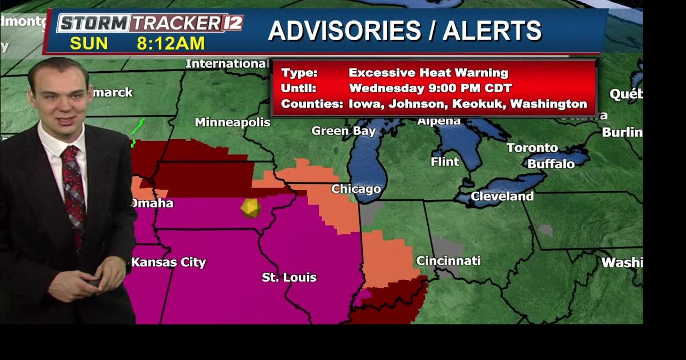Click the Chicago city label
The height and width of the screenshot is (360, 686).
(356, 189)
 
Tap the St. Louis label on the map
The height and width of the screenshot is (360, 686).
(289, 277)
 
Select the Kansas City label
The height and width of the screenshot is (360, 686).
(168, 262)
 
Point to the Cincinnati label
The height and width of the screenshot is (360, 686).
(448, 261)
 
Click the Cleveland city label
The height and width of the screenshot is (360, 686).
(502, 197)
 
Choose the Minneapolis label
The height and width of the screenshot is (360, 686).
(232, 122)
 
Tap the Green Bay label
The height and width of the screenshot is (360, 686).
(344, 131)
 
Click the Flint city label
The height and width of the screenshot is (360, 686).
(445, 161)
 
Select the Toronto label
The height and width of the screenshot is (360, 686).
(532, 148)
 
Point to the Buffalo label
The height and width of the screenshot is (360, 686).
(550, 164)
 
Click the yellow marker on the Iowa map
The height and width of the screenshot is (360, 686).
(250, 208)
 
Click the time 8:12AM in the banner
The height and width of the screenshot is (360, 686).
(170, 43)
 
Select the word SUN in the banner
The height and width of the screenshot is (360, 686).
(89, 43)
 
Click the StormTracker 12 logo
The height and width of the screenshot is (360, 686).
(150, 23)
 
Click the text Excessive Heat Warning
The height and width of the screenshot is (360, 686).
(428, 73)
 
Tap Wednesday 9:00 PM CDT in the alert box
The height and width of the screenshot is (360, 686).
(430, 88)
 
